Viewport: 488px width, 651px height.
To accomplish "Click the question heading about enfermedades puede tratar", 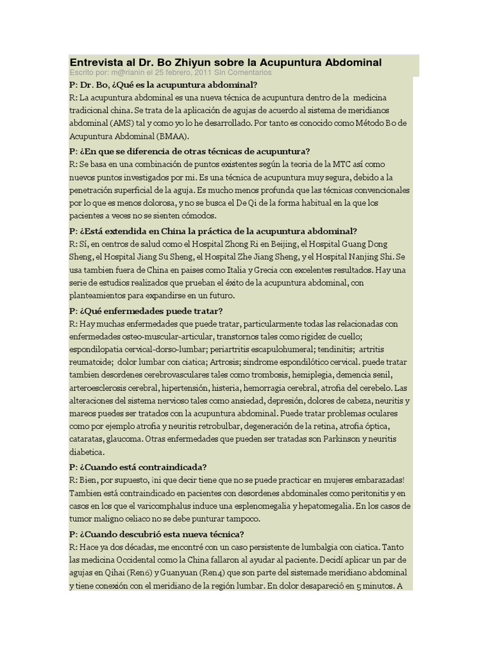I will (146, 311).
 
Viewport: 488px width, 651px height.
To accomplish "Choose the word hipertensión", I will (188, 388).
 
